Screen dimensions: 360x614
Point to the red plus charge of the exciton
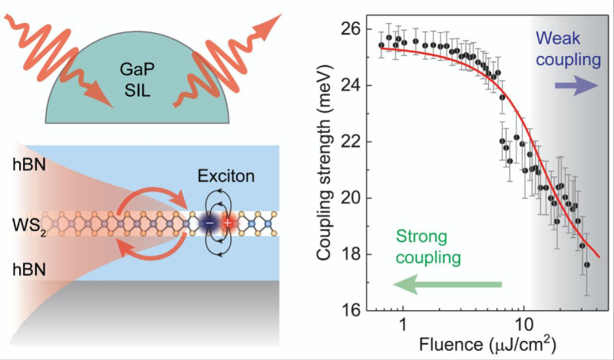point(226,222)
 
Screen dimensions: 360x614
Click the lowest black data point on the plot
point(587,265)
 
